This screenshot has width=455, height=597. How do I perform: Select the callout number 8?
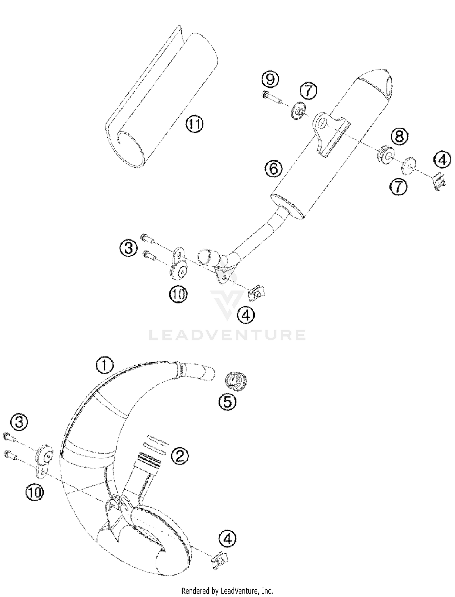(399, 136)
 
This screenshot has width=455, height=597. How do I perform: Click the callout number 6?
(273, 169)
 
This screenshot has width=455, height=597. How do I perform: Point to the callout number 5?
(227, 402)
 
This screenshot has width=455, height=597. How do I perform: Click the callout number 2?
(180, 455)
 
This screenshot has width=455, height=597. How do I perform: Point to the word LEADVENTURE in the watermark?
(227, 335)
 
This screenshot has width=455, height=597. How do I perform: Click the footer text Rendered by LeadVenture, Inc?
(227, 591)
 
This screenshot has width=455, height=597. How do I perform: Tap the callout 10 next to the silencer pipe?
(178, 294)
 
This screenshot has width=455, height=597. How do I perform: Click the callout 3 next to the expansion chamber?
(19, 422)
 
